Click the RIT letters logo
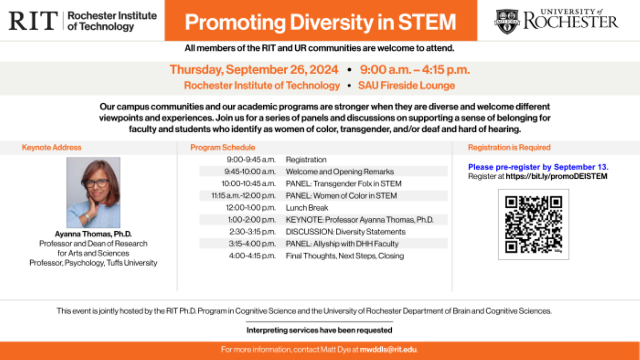pos(33,20)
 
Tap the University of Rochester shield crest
pos(507,21)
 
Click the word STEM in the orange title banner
pos(427,22)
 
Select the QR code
pos(533,224)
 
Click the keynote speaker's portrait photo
pos(93,192)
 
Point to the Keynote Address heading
pos(52,148)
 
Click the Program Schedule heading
pos(223,148)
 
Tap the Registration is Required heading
pos(509,148)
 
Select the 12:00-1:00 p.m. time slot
pos(251,208)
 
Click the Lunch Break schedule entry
pos(307,208)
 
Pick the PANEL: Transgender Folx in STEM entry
pos(344,184)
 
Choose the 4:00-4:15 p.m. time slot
pos(252,256)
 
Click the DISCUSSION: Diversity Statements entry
pos(346,232)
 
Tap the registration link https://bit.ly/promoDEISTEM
pos(556,176)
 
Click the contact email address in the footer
pos(388,349)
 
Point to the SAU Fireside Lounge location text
pos(407,85)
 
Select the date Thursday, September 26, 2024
pos(254,70)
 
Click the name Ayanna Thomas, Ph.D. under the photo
pos(93,234)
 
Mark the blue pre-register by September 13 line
pos(538,167)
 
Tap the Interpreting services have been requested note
pos(320,330)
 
